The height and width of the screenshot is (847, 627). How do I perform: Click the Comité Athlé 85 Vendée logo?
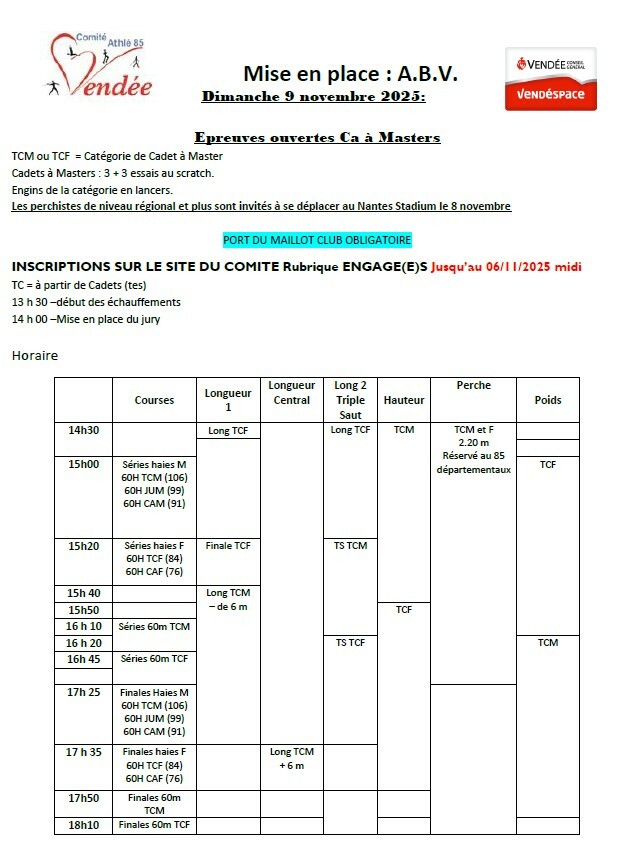click(x=102, y=70)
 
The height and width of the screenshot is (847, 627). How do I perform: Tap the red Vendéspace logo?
click(x=550, y=80)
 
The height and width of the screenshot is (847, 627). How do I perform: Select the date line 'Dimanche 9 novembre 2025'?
click(x=313, y=97)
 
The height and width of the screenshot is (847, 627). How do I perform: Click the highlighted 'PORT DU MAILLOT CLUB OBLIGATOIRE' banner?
click(x=317, y=240)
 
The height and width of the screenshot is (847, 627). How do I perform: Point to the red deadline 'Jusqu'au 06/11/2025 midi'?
click(x=506, y=267)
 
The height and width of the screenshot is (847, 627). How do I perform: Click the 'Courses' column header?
click(x=154, y=400)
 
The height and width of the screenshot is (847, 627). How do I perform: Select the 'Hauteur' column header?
click(x=404, y=400)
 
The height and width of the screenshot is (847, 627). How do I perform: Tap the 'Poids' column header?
click(x=547, y=400)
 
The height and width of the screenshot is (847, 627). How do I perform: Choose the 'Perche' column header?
click(x=473, y=385)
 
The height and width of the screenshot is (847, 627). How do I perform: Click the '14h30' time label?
click(x=83, y=430)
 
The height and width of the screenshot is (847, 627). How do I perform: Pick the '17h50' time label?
click(x=83, y=798)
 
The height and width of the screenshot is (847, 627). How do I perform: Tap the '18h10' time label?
click(x=83, y=825)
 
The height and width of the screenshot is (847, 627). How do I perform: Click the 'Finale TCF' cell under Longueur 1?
click(x=228, y=546)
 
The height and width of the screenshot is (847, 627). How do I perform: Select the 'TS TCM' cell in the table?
click(x=350, y=546)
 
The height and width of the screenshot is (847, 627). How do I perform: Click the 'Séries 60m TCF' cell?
click(x=154, y=659)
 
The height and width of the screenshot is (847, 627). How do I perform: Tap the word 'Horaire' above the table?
click(x=35, y=355)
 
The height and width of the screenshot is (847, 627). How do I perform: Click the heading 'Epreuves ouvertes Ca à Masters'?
click(x=317, y=138)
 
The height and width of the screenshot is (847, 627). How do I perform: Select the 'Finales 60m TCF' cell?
click(x=154, y=825)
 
